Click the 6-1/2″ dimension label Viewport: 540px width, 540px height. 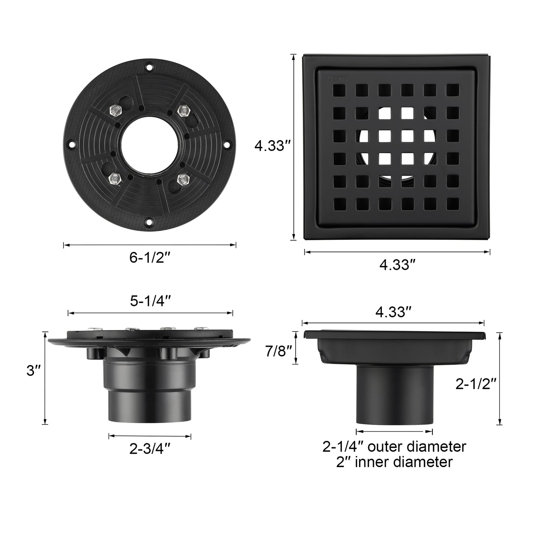[x=149, y=258]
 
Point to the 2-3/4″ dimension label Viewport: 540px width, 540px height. [x=150, y=448]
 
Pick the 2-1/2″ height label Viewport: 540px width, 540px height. [x=476, y=384]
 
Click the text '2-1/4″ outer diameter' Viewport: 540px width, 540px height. [x=394, y=447]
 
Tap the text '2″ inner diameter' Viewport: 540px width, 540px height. [x=394, y=462]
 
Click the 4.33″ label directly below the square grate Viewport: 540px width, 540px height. [x=397, y=265]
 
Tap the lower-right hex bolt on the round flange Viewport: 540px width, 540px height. [x=182, y=180]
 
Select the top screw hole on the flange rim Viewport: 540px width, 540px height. [x=149, y=68]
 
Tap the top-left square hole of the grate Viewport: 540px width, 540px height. [x=339, y=90]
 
